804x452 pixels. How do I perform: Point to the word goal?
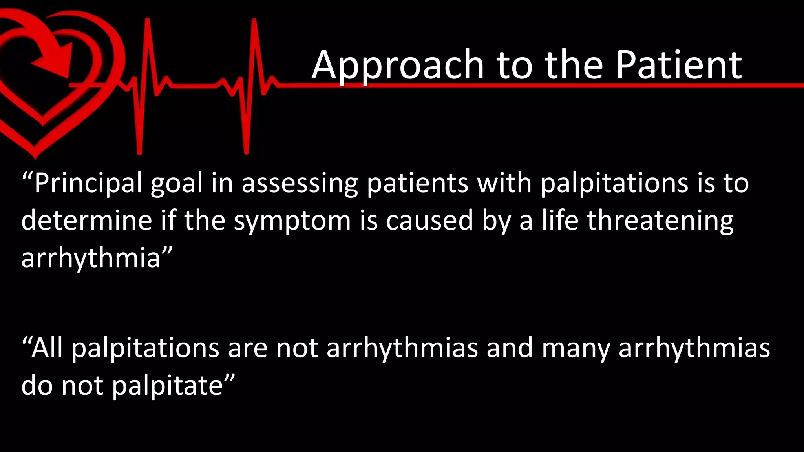tap(177, 184)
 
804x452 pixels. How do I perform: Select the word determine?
tap(86, 221)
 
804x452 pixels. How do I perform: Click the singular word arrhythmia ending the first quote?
tap(91, 258)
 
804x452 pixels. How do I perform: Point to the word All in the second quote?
tap(47, 348)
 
